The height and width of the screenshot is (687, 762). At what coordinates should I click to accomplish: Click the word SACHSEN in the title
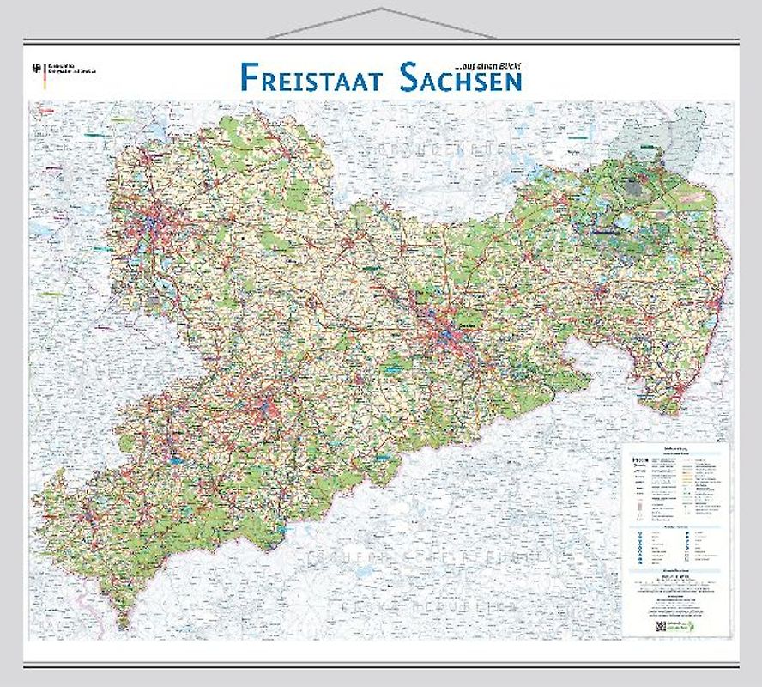point(461,77)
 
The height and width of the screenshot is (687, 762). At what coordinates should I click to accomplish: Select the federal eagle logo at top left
point(36,67)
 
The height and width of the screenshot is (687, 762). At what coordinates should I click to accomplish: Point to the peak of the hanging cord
point(381,9)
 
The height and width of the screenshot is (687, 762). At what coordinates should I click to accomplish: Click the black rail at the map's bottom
point(381,661)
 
